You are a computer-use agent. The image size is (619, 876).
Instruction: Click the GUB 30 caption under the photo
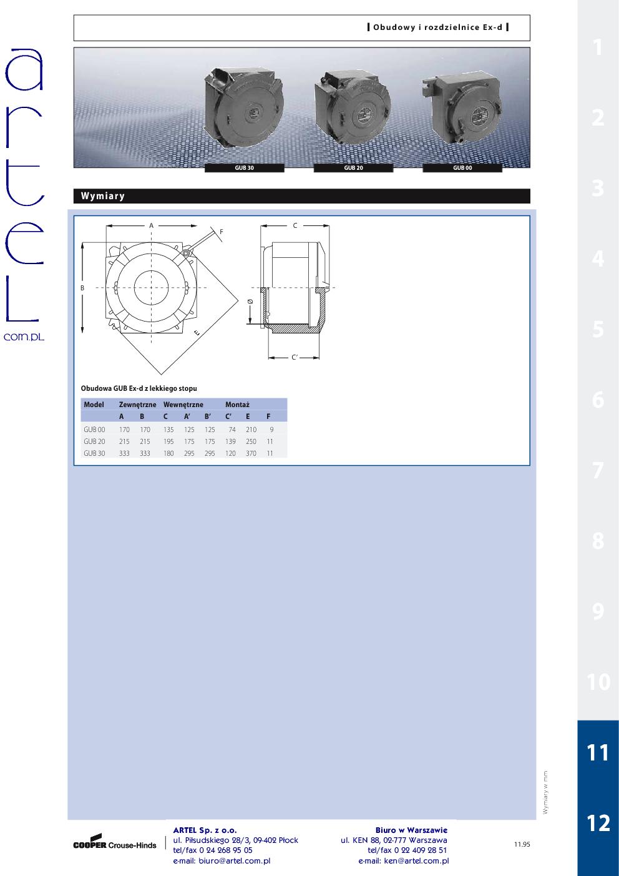[x=244, y=168]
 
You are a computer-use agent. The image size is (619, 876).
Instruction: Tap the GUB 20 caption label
[x=353, y=168]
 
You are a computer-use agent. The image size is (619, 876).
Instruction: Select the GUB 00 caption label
[x=462, y=168]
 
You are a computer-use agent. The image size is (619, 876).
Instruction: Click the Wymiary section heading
[x=103, y=196]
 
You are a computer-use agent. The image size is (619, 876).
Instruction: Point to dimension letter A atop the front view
[x=151, y=225]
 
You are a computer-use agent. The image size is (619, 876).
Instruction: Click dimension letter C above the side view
[x=295, y=225]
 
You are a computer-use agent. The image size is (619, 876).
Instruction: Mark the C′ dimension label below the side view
[x=295, y=357]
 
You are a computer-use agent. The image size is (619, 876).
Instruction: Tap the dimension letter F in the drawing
[x=221, y=232]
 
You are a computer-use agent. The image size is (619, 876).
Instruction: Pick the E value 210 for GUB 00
[x=251, y=430]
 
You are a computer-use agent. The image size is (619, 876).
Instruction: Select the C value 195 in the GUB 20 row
[x=168, y=441]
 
